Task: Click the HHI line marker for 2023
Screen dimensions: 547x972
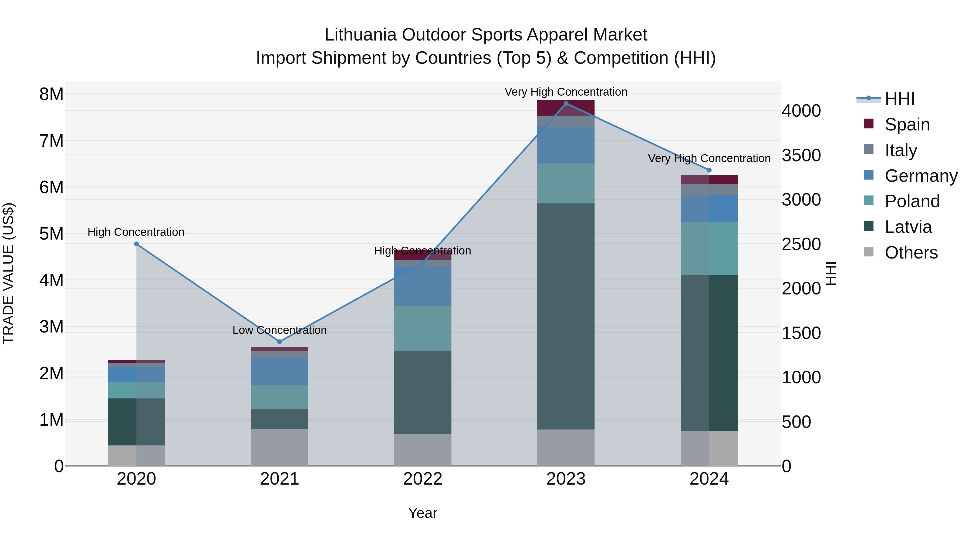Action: coord(566,103)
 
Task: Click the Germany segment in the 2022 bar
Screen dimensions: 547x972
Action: coord(423,287)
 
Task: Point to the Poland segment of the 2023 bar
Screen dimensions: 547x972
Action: coord(566,183)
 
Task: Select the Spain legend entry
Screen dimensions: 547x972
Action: coord(907,125)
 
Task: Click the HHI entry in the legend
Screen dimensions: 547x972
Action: coord(899,99)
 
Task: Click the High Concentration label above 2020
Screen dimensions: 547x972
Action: coord(136,232)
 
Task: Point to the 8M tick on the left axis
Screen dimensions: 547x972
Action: coord(51,94)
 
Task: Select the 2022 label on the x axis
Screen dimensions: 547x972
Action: coord(423,479)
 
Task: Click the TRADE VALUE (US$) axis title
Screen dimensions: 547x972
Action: coord(8,273)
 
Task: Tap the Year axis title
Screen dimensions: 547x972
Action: coord(423,513)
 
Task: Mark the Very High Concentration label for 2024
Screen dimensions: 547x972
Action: coord(709,158)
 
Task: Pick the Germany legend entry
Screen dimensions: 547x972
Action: coord(921,176)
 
